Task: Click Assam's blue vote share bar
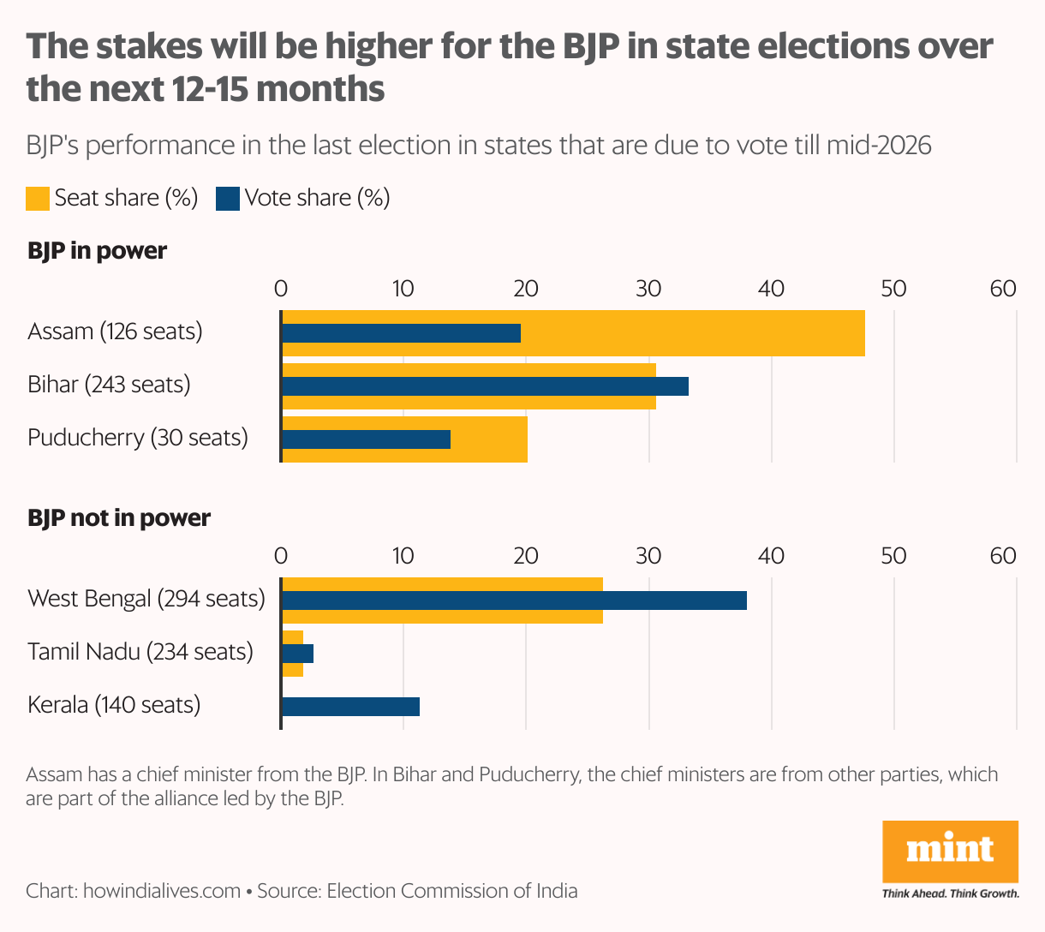[x=401, y=333]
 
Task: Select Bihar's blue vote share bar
[x=485, y=386]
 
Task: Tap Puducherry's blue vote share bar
[x=366, y=439]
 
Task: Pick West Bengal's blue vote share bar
[x=514, y=600]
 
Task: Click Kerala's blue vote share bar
[x=350, y=707]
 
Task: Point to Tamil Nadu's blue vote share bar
[x=298, y=654]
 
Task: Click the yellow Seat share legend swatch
[x=38, y=199]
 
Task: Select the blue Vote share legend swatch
[x=228, y=199]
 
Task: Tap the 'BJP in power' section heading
[x=97, y=251]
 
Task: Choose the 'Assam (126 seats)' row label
[x=115, y=332]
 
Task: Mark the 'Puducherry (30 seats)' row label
[x=137, y=438]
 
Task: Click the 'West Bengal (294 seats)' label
[x=146, y=598]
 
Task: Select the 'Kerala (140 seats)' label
[x=114, y=705]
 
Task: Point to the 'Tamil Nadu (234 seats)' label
[x=140, y=652]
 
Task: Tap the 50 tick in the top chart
[x=893, y=289]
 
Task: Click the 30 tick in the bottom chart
[x=648, y=556]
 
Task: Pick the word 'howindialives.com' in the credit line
[x=162, y=891]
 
